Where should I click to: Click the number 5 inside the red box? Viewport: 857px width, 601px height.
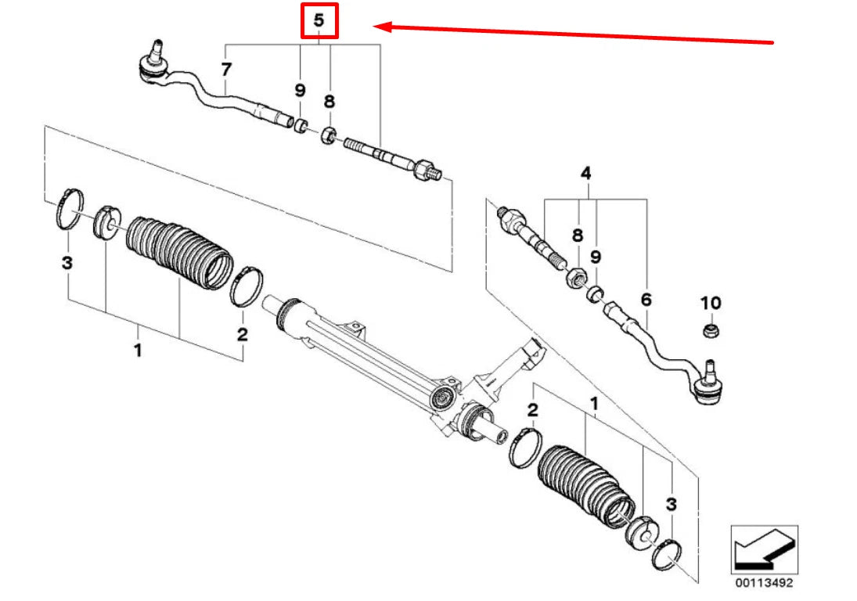tap(319, 21)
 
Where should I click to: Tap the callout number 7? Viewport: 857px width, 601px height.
tap(226, 70)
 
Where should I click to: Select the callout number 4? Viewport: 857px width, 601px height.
tap(585, 173)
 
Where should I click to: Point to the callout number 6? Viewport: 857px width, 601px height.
tap(646, 300)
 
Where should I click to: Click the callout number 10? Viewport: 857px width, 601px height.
tap(711, 303)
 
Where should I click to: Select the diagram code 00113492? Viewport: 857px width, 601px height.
tap(764, 582)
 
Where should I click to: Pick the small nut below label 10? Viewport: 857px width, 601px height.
tap(711, 330)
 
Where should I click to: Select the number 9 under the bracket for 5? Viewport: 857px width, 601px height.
tap(300, 90)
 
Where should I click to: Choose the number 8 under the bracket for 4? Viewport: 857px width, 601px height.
tap(577, 236)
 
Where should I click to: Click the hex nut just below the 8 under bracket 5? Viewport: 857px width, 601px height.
tap(328, 135)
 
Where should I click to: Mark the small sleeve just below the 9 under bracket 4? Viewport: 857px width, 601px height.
tap(595, 294)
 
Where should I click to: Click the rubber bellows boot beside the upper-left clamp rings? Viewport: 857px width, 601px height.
tap(178, 253)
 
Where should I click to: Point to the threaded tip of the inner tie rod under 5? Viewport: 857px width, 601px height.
tap(434, 173)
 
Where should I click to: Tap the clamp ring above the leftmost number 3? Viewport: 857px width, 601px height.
tap(70, 209)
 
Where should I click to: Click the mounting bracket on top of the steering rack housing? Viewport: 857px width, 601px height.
tap(351, 330)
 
